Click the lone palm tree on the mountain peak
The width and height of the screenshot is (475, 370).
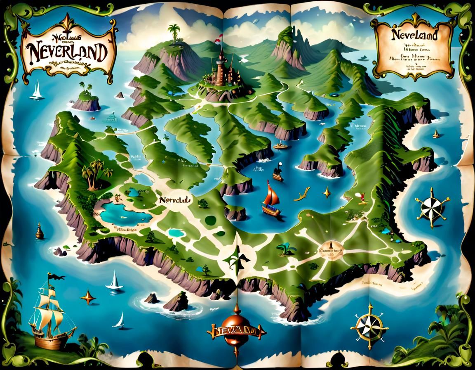(x=174, y=31)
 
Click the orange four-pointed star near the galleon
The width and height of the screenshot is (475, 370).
(x=88, y=296)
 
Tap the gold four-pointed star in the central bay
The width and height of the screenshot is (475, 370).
(x=327, y=192)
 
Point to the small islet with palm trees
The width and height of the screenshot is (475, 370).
(x=86, y=100)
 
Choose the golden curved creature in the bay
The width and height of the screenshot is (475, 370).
(x=303, y=193)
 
